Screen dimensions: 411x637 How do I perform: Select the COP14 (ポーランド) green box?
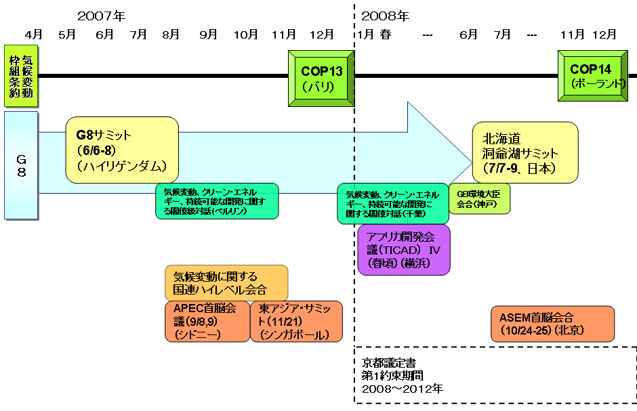click(x=590, y=77)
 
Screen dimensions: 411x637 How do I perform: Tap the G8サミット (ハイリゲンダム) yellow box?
click(x=122, y=150)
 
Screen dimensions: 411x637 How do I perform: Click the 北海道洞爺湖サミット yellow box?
click(x=525, y=152)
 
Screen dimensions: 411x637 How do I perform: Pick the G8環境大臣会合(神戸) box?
click(x=479, y=198)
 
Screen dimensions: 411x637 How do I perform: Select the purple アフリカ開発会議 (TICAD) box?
click(x=404, y=250)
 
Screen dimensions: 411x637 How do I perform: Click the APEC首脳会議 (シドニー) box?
click(x=206, y=322)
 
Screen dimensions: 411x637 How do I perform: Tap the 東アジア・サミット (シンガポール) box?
click(x=296, y=322)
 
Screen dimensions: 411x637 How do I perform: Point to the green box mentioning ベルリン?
click(x=216, y=200)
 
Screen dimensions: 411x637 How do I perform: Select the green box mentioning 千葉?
click(x=393, y=203)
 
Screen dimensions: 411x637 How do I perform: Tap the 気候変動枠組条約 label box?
click(x=21, y=76)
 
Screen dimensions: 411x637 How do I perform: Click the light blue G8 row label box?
click(x=21, y=165)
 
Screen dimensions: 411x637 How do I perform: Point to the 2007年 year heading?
click(x=102, y=15)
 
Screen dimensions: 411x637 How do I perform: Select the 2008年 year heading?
click(x=385, y=15)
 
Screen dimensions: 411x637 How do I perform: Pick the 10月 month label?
click(x=245, y=34)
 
